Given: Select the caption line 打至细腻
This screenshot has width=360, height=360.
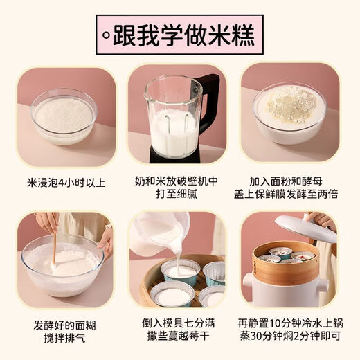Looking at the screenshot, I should click(180, 193).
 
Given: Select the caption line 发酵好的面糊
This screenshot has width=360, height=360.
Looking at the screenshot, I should click(62, 323).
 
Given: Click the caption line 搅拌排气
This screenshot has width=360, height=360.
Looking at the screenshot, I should click(62, 339).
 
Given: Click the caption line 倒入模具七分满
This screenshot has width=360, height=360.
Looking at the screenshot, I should click(180, 323).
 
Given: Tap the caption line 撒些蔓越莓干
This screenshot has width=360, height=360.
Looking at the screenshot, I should click(180, 339).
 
